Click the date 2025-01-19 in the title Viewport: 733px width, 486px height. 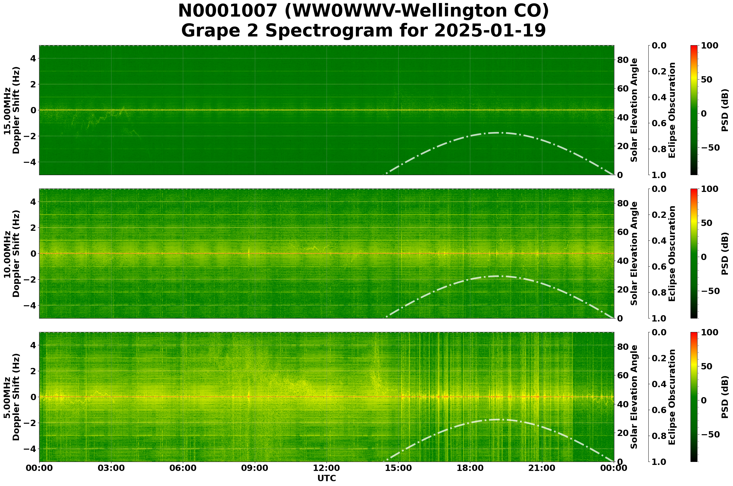490,31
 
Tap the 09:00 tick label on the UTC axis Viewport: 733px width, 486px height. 255,468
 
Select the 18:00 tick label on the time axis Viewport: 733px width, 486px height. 470,468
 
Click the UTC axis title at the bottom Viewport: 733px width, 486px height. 326,478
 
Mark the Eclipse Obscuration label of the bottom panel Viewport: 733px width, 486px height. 672,397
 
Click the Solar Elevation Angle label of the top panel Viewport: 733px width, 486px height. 634,110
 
